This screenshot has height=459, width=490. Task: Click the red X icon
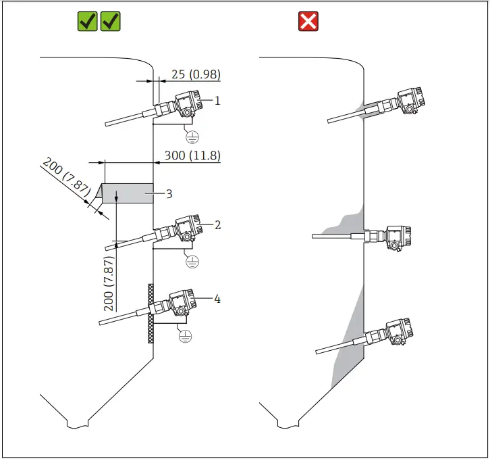pos(308,22)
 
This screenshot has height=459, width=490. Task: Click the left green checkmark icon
pos(88,22)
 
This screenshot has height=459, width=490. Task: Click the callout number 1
pos(217,100)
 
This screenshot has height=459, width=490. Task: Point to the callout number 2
pos(217,224)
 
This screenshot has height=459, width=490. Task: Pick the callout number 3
pos(169,194)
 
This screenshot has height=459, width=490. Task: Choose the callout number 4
pos(217,298)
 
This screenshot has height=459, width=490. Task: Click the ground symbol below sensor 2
pos(192,262)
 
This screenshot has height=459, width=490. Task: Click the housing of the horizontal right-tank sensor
pos(396,237)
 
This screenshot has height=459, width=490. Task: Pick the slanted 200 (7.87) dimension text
pos(65,178)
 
